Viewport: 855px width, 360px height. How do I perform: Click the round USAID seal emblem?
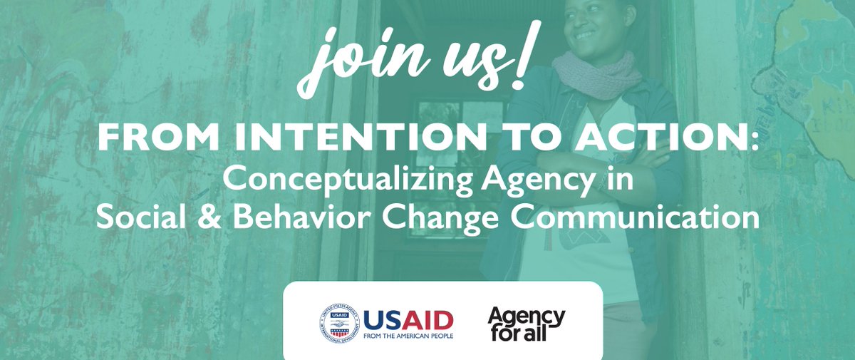(x=340, y=323)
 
